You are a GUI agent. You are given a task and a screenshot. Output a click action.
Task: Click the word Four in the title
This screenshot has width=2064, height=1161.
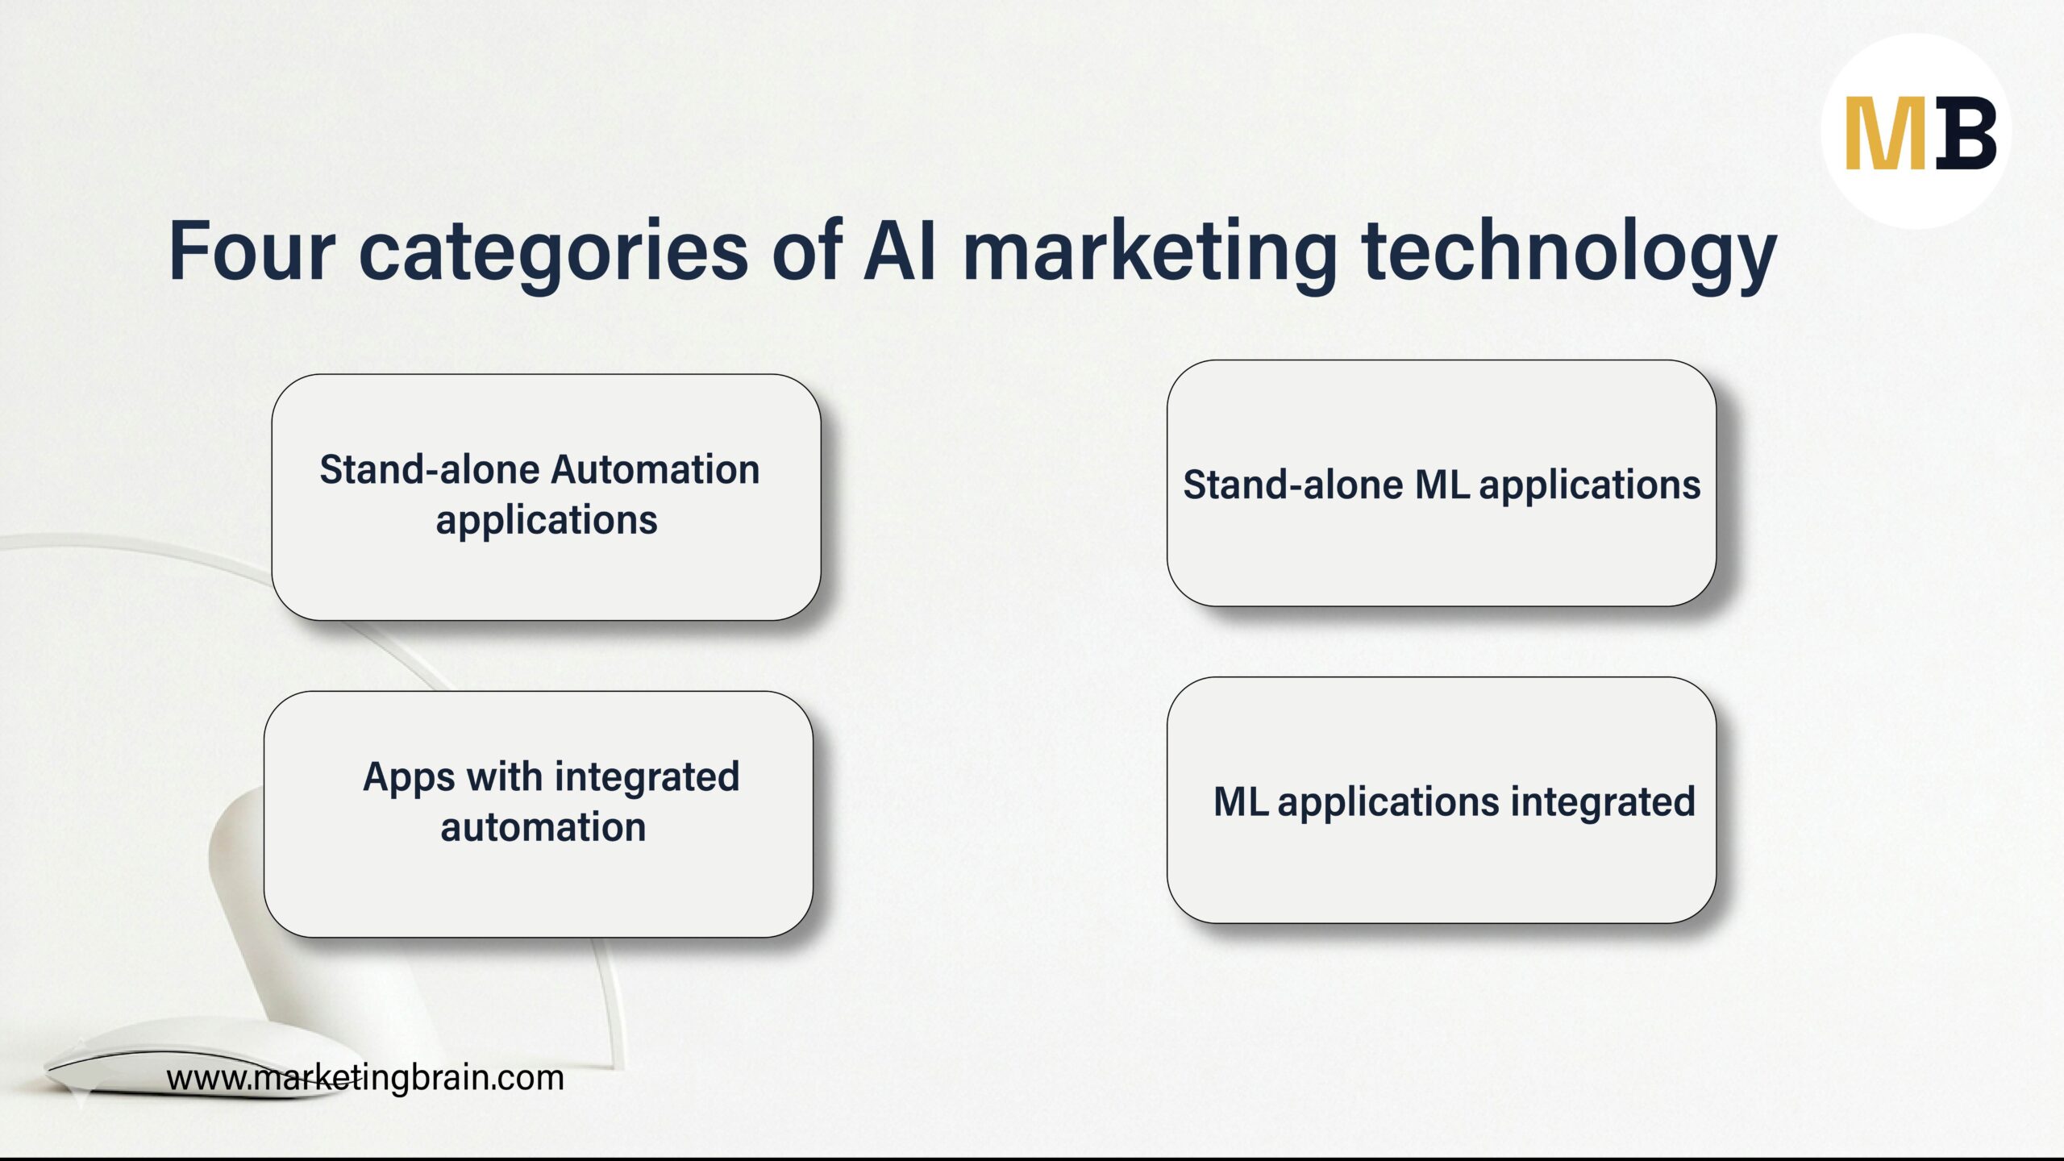[x=251, y=252]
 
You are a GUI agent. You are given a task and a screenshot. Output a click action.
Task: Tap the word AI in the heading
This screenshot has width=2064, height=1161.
[x=900, y=252]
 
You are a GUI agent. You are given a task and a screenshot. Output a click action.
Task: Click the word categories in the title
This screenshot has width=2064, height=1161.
[x=553, y=252]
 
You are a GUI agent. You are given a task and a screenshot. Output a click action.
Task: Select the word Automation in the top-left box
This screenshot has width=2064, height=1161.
[x=655, y=469]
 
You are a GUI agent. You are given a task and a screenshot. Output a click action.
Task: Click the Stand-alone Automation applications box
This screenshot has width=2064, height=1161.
[x=546, y=564]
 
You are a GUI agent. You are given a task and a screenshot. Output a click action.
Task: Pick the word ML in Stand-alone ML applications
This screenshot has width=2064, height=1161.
[x=1442, y=485]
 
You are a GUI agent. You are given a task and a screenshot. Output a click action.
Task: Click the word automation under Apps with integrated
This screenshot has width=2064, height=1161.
[x=543, y=827]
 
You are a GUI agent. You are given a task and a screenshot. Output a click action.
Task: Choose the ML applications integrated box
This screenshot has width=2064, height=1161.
[x=1441, y=871]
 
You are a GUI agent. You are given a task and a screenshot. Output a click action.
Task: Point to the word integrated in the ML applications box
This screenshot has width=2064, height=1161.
[x=1603, y=801]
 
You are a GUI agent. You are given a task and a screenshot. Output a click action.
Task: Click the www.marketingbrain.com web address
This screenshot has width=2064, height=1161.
[x=364, y=1078]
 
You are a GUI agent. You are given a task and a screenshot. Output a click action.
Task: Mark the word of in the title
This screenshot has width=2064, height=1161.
[x=806, y=252]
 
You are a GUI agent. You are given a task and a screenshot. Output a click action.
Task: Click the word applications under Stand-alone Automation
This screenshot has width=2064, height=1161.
[x=546, y=521]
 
